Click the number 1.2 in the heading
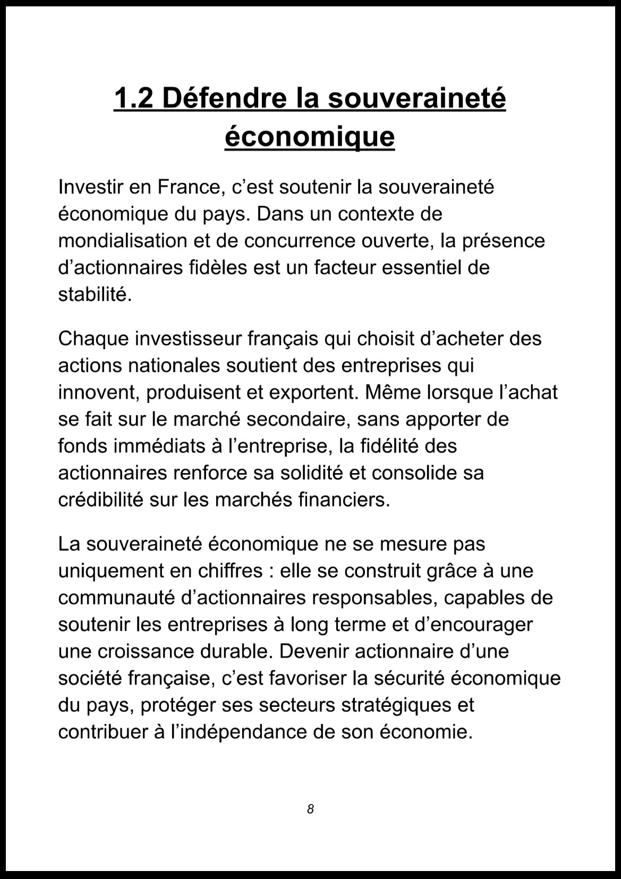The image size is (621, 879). pyautogui.click(x=133, y=98)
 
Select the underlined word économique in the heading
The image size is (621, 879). pyautogui.click(x=310, y=137)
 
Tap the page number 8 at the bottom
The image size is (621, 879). pyautogui.click(x=310, y=809)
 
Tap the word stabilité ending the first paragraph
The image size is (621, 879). pyautogui.click(x=94, y=294)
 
